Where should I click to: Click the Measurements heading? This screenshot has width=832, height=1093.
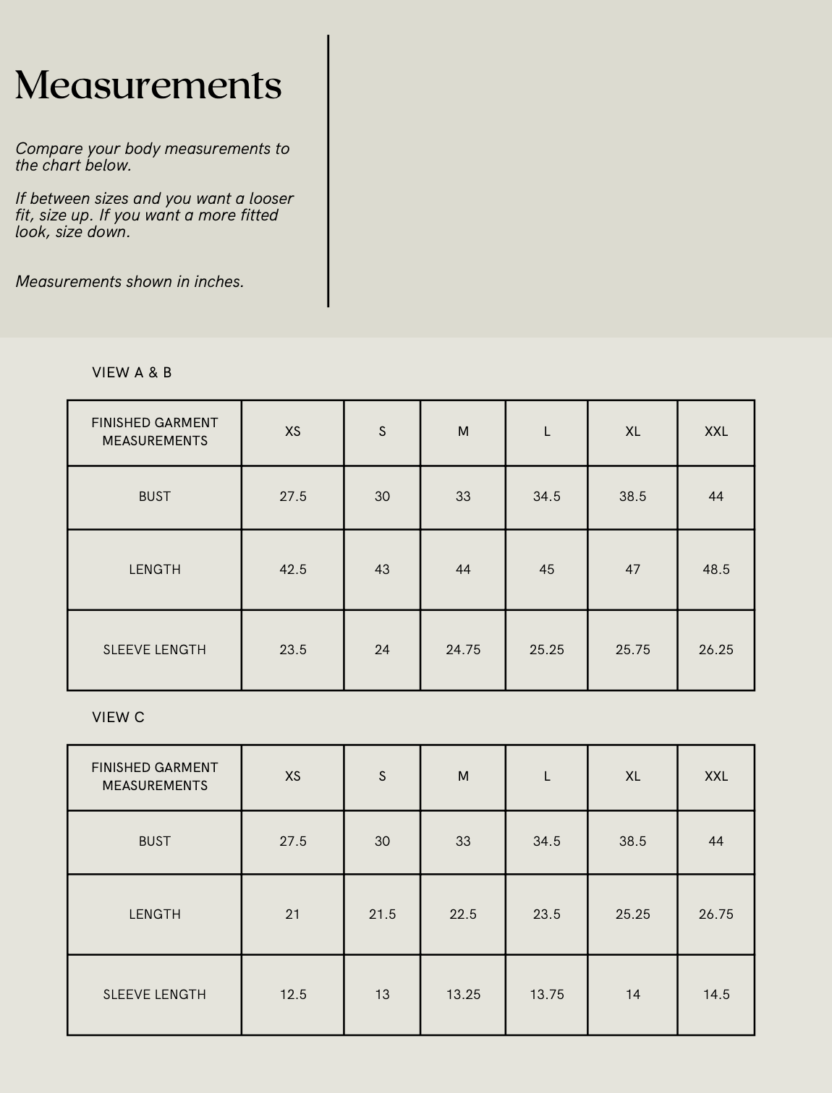[x=148, y=85]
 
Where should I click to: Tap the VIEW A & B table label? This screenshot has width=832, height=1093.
[x=132, y=372]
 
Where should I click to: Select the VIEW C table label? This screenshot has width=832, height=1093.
[x=118, y=717]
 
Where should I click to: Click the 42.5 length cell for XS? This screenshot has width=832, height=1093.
[x=293, y=570]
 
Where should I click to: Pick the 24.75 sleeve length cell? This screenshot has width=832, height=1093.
[x=463, y=650]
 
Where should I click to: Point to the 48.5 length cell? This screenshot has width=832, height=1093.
[x=716, y=570]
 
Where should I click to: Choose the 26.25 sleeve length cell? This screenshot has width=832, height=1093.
[x=716, y=650]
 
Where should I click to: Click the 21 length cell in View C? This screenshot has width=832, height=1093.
[x=293, y=914]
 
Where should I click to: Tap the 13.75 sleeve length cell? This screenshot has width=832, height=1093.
[x=546, y=995]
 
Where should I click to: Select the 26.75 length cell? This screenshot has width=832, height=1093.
[x=716, y=914]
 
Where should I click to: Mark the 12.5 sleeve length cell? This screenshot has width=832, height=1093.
[x=293, y=995]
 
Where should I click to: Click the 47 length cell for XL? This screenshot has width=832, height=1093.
[x=632, y=570]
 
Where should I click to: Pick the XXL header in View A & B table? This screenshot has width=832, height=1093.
[x=716, y=432]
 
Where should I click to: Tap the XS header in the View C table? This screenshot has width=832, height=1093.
[x=293, y=776]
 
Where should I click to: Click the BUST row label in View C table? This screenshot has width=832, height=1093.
[x=155, y=841]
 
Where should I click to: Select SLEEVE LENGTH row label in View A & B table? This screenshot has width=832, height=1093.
[x=155, y=650]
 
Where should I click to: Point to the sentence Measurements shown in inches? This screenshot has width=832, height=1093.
[x=130, y=282]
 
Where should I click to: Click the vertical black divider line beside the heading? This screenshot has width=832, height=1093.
[x=328, y=171]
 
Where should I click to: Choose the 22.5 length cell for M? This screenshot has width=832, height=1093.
[x=463, y=914]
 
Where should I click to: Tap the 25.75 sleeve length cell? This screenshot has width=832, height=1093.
[x=632, y=650]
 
